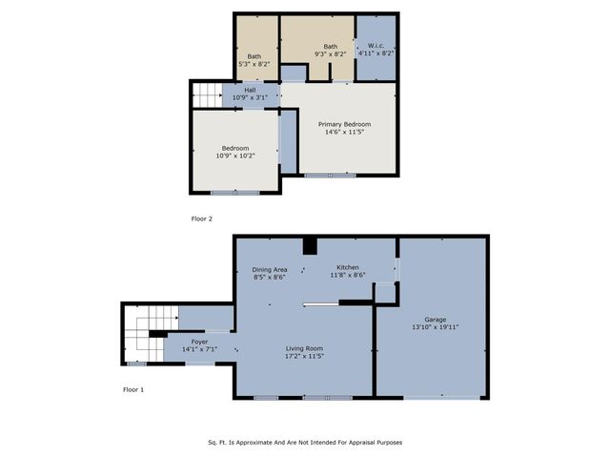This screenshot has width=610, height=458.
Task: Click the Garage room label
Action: coord(435,320)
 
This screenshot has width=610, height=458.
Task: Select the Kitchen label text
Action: coord(346,267)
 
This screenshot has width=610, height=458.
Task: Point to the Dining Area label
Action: coord(269,270)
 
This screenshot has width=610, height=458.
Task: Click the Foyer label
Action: coord(199,341)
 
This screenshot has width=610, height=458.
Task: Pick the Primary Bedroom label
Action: coord(344,124)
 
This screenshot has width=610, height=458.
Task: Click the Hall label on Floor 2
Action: coord(250,90)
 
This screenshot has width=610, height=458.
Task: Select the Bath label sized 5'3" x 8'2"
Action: coord(254,56)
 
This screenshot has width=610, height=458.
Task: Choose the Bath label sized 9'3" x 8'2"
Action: coord(330,47)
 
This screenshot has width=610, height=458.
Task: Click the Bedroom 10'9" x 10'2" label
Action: coord(235,148)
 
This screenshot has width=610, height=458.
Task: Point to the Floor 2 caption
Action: coord(202,219)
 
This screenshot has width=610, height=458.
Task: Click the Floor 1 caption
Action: coord(134,389)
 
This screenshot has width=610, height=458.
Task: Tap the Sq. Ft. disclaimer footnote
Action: coord(305,442)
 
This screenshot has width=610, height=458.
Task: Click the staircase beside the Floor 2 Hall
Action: coord(207,94)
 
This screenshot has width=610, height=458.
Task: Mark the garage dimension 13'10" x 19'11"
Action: coord(435,326)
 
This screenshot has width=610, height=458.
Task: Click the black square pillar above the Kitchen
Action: coord(309,246)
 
